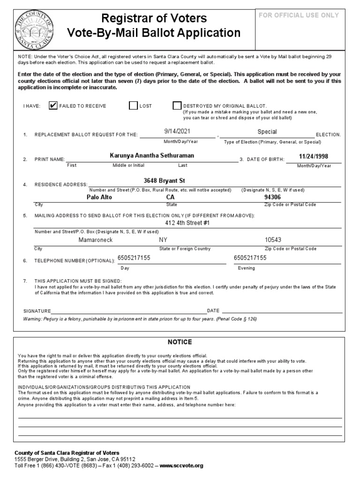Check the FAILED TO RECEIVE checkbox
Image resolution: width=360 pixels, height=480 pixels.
click(x=52, y=105)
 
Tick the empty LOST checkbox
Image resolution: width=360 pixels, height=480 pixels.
click(x=133, y=105)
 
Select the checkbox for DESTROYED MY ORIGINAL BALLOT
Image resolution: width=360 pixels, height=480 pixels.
click(x=177, y=105)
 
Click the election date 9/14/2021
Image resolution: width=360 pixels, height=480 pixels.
click(x=177, y=132)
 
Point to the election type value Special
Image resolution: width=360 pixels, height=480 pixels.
click(x=267, y=132)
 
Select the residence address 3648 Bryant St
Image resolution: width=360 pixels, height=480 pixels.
click(x=161, y=181)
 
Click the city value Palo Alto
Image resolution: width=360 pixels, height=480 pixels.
click(x=99, y=197)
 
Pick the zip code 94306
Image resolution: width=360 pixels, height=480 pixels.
click(x=273, y=197)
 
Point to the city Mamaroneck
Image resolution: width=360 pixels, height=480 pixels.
click(x=96, y=240)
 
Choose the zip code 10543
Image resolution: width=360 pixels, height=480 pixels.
click(x=273, y=240)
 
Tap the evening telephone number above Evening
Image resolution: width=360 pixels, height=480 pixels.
click(x=250, y=258)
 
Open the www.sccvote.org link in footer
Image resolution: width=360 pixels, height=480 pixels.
click(x=181, y=465)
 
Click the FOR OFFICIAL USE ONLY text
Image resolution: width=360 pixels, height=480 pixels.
click(x=299, y=15)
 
